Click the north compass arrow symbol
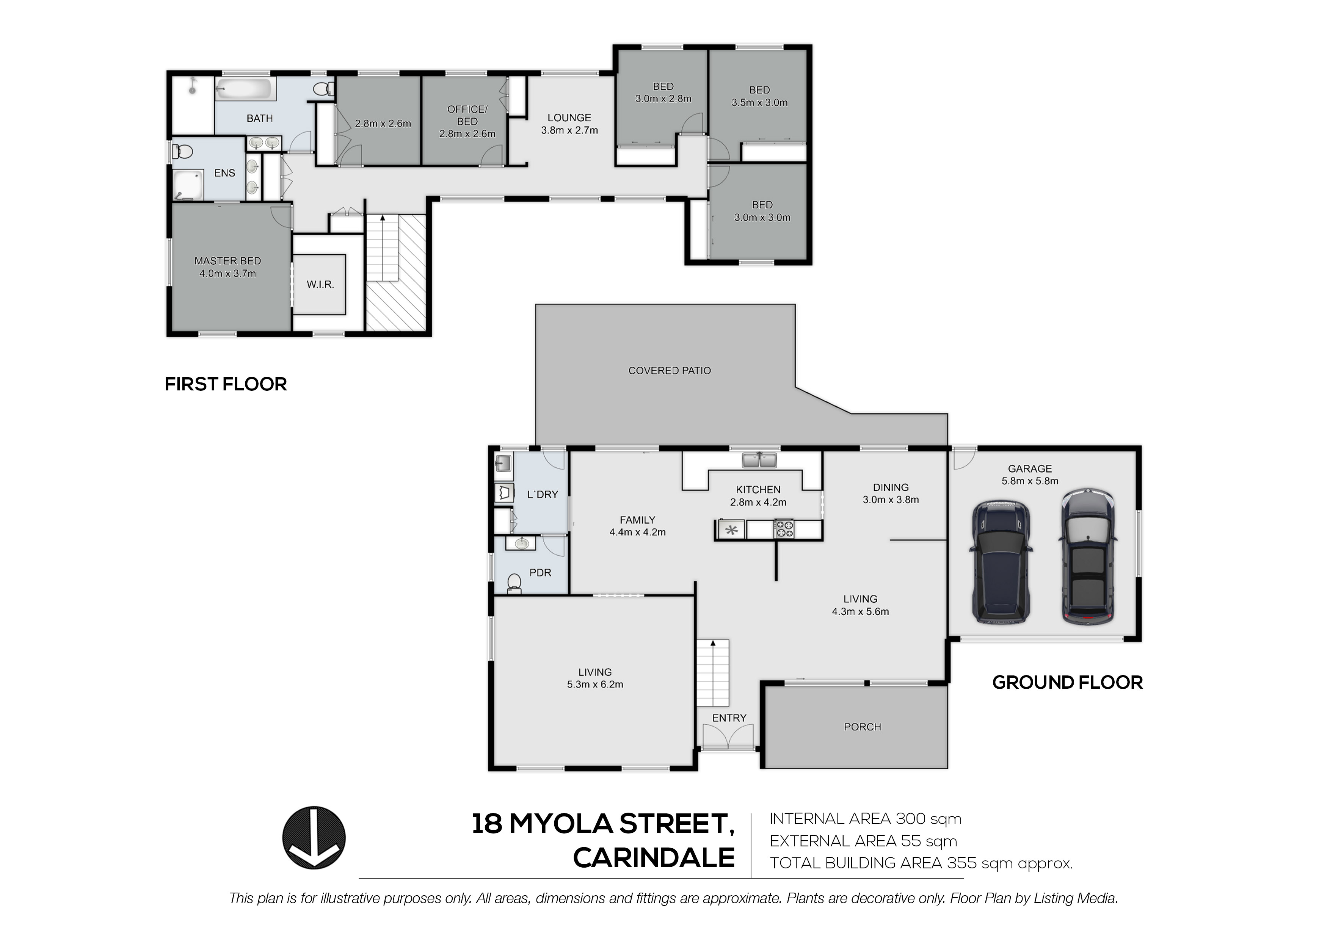coord(314,838)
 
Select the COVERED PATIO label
coord(670,371)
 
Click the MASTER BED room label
coord(227,261)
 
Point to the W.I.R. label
coord(320,284)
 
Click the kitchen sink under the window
coord(759,461)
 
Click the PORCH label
coord(863,727)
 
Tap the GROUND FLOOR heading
coord(1068,682)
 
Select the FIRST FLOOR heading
coord(226,384)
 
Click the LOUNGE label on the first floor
coord(569,117)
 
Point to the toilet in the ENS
coord(183,152)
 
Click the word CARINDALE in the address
coord(654,858)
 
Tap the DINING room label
coord(891,488)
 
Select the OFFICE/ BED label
coord(467,115)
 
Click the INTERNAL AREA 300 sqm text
coord(866,819)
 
